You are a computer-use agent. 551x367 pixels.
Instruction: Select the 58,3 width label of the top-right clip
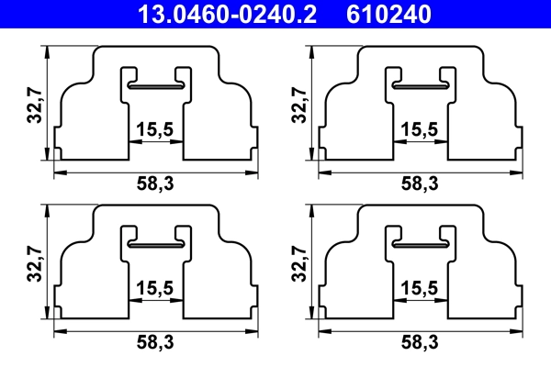(420, 184)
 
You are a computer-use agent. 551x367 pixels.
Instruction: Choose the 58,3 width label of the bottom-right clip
(420, 343)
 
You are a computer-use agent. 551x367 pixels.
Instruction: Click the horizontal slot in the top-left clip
(156, 85)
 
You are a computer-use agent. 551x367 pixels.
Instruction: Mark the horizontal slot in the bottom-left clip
(156, 244)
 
